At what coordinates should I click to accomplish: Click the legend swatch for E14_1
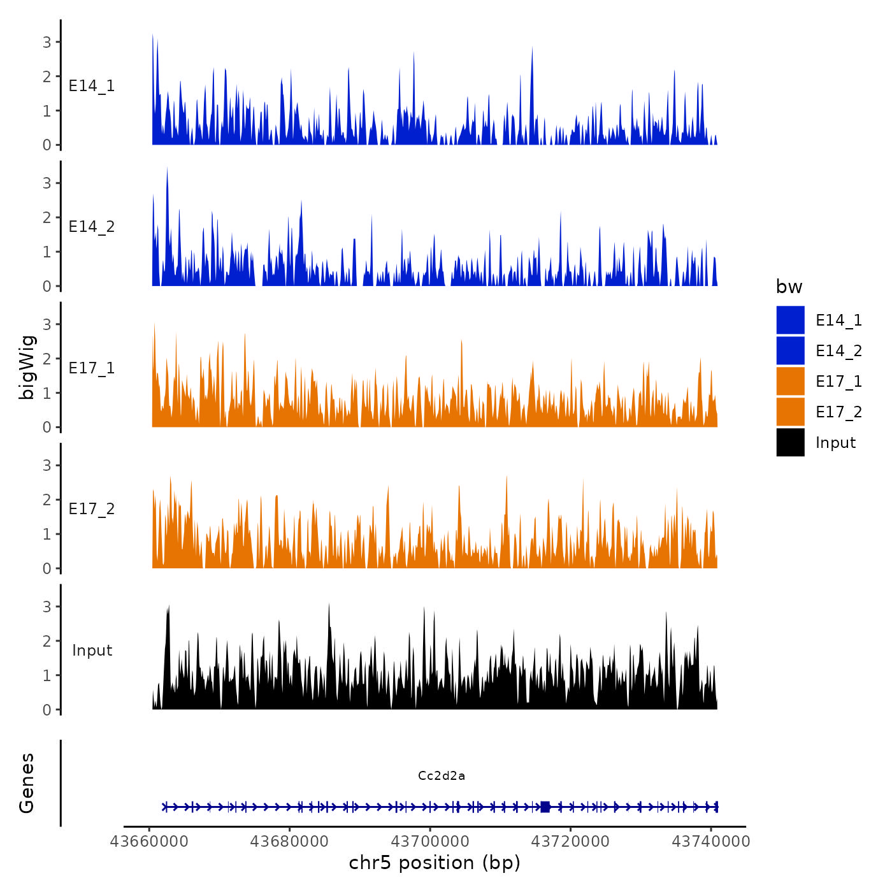(790, 320)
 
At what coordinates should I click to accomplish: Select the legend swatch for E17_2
(790, 412)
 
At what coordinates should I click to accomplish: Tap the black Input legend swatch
(790, 442)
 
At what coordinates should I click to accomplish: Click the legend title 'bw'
(789, 287)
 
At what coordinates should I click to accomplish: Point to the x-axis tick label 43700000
(430, 841)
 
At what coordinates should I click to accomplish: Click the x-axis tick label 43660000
(150, 841)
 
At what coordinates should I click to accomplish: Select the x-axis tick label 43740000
(711, 841)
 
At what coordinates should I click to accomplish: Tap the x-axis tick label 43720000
(571, 841)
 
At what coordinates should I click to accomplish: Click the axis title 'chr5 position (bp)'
(435, 863)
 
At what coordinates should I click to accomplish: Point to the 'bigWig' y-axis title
(27, 367)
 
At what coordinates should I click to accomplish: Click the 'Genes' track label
(27, 783)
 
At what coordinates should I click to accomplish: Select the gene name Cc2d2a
(442, 775)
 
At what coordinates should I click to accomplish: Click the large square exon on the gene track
(545, 807)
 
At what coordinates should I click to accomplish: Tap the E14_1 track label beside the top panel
(92, 85)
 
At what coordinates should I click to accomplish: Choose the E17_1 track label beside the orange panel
(92, 368)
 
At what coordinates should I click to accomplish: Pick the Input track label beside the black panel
(92, 650)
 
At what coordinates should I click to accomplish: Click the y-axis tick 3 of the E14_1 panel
(47, 42)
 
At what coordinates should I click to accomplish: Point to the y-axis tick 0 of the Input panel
(47, 710)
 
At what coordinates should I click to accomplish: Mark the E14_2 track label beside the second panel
(92, 226)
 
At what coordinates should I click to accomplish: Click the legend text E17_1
(838, 381)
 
